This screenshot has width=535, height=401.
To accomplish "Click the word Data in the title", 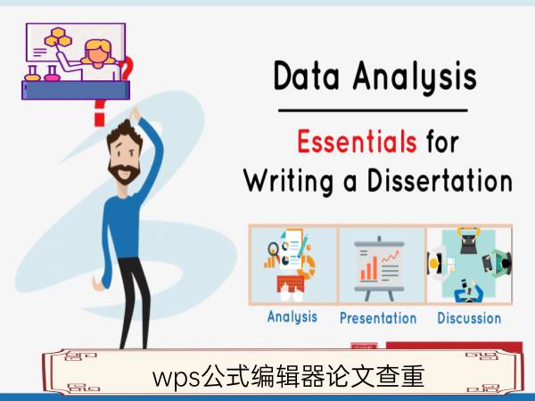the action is tap(307, 76).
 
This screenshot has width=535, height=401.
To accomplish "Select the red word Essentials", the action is tap(357, 141).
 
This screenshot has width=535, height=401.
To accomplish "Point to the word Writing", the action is tap(289, 183).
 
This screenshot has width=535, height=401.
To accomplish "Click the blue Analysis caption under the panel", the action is tap(292, 317).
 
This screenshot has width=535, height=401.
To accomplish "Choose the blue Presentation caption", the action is tap(378, 318).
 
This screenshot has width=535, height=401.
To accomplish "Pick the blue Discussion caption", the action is tap(469, 318).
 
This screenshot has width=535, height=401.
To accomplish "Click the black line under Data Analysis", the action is tap(373, 110).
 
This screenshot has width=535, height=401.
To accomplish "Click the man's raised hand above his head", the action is tap(135, 114).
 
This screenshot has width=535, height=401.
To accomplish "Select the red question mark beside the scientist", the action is tap(127, 69).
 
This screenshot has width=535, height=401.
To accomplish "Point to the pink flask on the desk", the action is tap(52, 74).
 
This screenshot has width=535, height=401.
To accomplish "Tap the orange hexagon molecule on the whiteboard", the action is tap(58, 37).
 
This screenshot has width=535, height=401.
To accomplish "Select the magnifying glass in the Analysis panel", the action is tap(274, 250).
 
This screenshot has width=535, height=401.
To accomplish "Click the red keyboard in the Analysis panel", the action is tap(291, 284).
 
